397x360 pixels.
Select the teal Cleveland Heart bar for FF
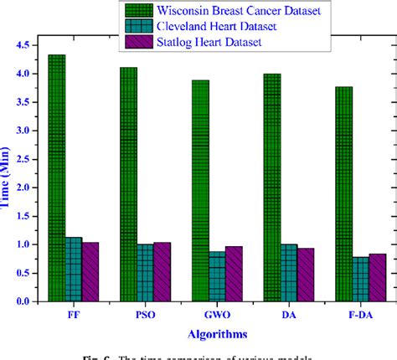pos(74,269)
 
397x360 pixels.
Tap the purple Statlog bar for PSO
pos(162,271)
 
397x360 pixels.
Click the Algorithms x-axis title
pos(216,334)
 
